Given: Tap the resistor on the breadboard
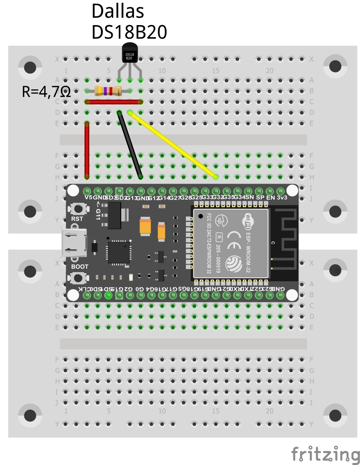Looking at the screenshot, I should point(108,91).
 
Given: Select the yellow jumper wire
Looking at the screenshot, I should point(173,145).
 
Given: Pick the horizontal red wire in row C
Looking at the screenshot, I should point(114,102).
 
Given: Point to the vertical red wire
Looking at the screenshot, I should point(87,149).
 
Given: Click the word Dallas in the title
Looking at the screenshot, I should point(118,12).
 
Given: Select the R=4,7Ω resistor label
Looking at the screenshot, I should point(46,92).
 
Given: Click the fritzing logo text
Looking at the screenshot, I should point(325,454).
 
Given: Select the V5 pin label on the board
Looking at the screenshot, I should point(88,198).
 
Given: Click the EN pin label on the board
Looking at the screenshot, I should point(271,198).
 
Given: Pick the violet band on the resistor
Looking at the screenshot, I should point(105,91).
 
